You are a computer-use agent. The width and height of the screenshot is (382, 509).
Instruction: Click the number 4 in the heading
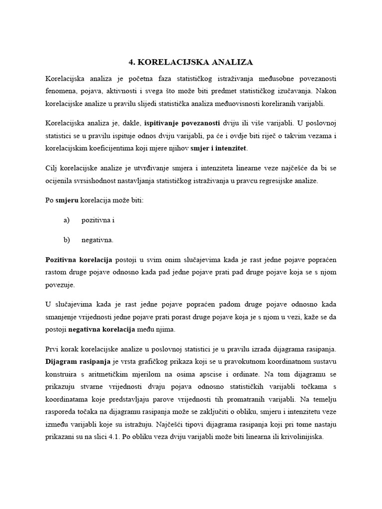tap(131, 62)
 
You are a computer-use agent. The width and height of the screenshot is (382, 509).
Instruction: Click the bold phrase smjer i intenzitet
tap(219, 148)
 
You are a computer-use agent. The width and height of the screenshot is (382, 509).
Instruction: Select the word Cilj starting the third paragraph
tap(52, 169)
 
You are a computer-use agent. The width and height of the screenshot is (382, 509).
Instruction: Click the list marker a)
tap(67, 220)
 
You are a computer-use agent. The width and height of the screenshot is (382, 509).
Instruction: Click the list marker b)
tap(67, 240)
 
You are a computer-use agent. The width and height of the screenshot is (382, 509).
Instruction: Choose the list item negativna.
tap(97, 240)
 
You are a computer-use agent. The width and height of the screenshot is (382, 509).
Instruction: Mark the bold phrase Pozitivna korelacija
tap(79, 259)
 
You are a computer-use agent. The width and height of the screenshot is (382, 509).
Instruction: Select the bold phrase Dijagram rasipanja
tap(78, 362)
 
